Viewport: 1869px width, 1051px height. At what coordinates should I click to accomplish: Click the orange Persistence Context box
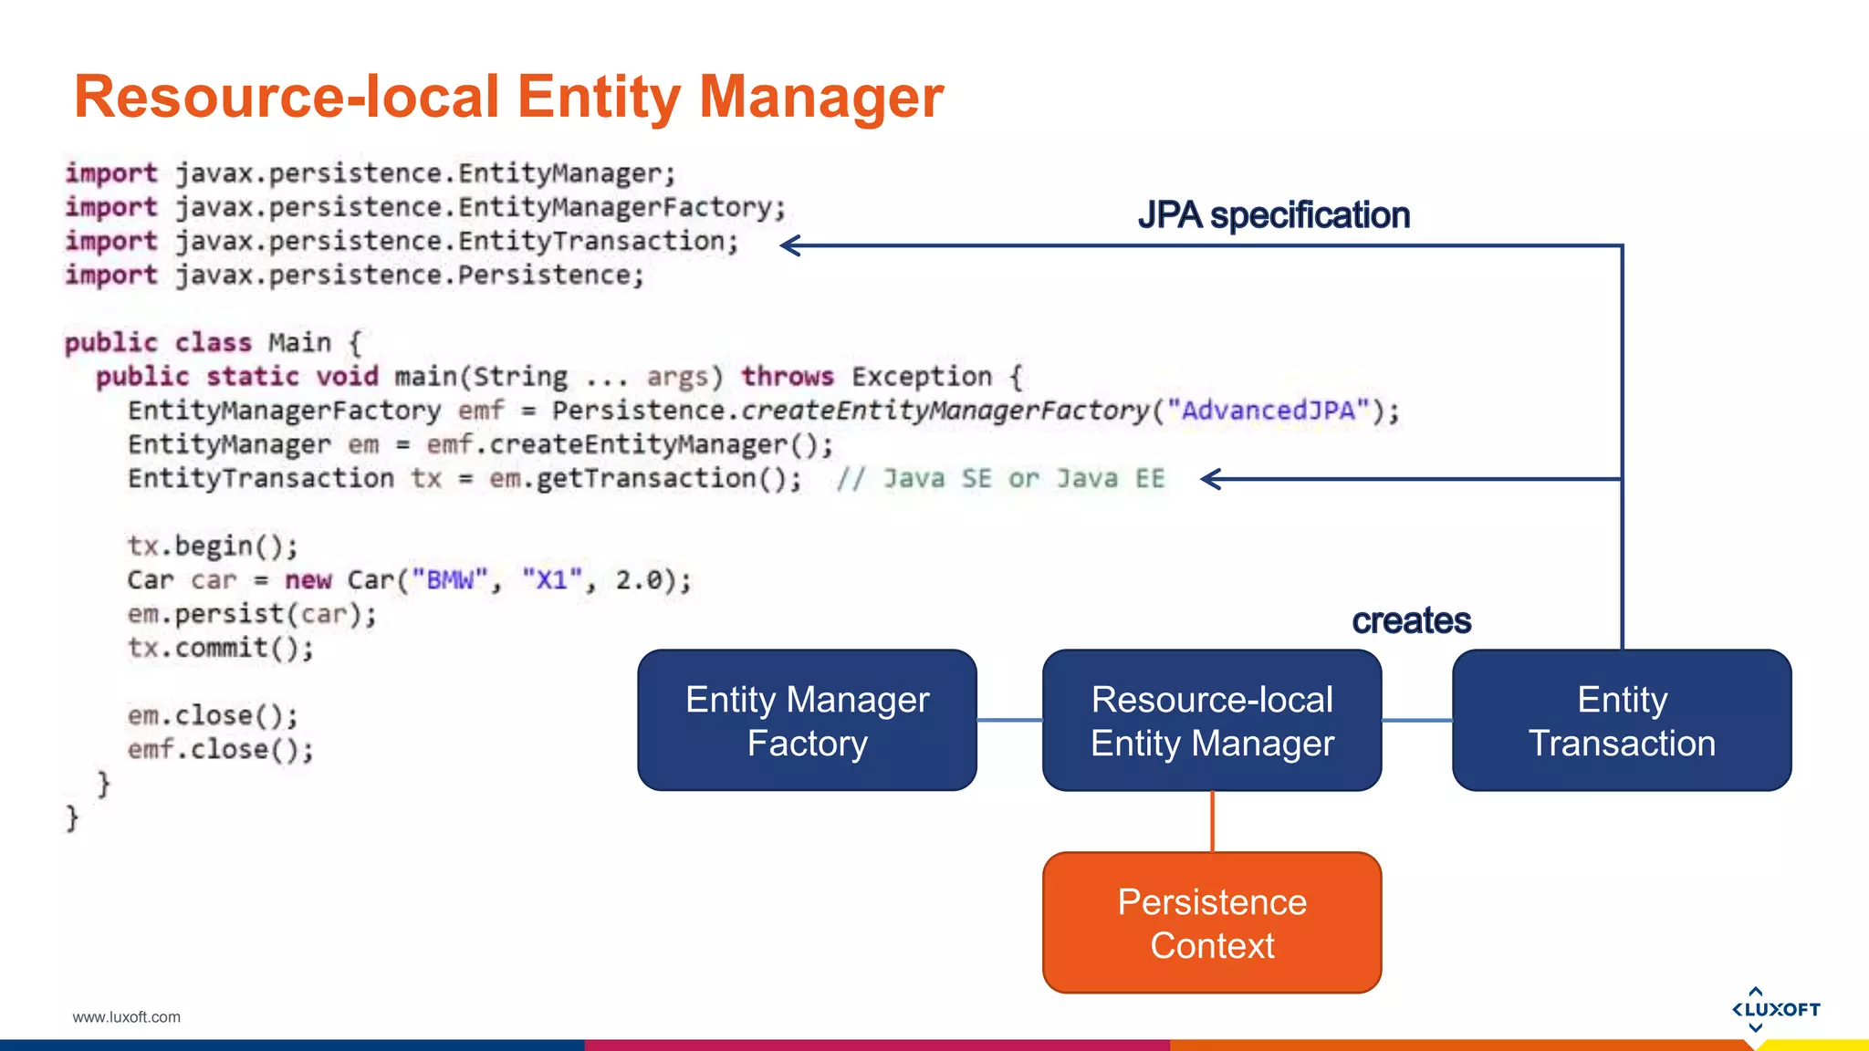tap(1212, 922)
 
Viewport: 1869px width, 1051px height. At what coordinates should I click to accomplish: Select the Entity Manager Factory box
tap(807, 721)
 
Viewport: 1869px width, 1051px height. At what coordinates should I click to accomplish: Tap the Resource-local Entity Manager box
tap(1212, 721)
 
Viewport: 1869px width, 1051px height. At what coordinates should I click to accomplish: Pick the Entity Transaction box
tap(1622, 721)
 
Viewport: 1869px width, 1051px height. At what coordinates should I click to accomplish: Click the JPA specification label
tap(1273, 215)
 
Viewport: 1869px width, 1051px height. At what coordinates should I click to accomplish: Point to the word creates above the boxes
tap(1411, 620)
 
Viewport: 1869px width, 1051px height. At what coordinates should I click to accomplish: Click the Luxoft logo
tap(1775, 1009)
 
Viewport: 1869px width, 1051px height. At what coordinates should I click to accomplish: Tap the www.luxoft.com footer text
tap(126, 1017)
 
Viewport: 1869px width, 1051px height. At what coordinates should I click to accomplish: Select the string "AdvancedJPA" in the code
tap(1269, 411)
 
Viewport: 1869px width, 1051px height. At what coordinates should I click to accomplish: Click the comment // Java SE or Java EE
tap(1001, 479)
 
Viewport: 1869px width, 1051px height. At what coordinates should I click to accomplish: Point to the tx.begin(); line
tap(213, 546)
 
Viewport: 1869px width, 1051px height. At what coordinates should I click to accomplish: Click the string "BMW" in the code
tap(450, 580)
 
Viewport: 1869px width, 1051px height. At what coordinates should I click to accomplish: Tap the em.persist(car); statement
tap(252, 614)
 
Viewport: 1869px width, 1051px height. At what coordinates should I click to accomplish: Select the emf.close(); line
tap(221, 750)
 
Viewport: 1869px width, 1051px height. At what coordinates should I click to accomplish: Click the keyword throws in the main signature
tap(787, 377)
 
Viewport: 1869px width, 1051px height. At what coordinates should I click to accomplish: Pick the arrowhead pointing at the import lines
tap(790, 245)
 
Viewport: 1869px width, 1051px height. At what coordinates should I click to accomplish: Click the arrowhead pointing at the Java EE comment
tap(1211, 479)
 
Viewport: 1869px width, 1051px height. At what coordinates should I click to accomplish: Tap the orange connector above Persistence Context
tap(1212, 821)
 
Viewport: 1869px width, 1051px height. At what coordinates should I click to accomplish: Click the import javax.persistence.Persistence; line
tap(354, 276)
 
